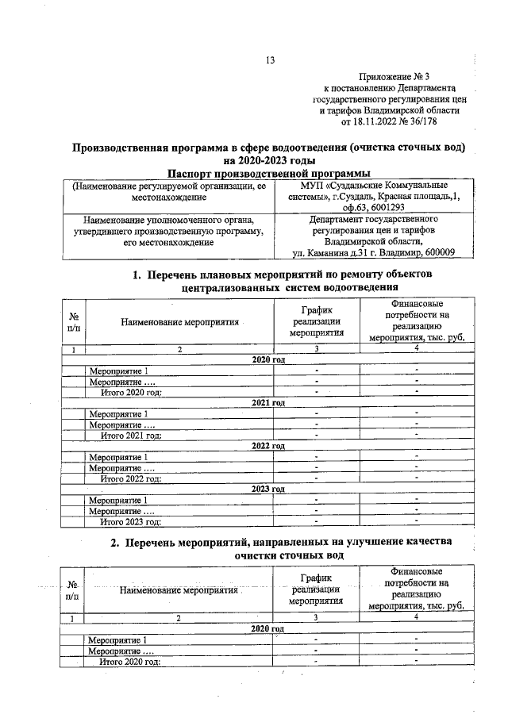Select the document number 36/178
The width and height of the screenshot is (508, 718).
(x=422, y=123)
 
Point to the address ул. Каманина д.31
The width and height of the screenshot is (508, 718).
(x=328, y=253)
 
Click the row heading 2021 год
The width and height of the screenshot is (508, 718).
(x=267, y=403)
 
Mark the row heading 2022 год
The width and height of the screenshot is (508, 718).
(x=267, y=446)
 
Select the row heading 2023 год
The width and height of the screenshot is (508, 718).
(x=267, y=489)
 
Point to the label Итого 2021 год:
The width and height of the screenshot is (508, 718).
(x=131, y=436)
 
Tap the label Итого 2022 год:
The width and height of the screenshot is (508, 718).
(x=131, y=478)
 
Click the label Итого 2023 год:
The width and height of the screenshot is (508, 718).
(x=131, y=521)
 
